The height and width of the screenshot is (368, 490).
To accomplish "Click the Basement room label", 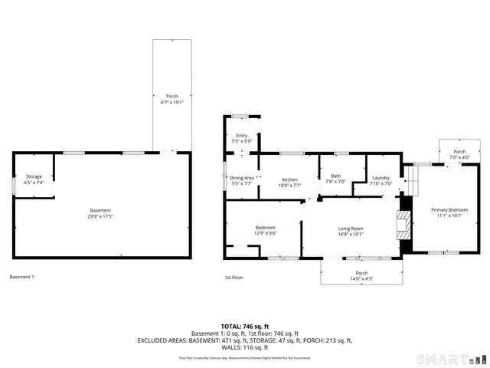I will [x=100, y=211].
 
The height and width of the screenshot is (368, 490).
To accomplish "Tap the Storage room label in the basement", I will [x=34, y=176].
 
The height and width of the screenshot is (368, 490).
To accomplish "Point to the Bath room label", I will [x=335, y=176].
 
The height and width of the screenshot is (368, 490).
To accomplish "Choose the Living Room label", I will [x=351, y=228].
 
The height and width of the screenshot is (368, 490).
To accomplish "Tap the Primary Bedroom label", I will [x=449, y=209].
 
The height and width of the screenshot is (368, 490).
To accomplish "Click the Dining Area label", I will [x=242, y=178].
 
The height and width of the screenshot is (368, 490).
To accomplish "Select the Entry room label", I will [x=242, y=135].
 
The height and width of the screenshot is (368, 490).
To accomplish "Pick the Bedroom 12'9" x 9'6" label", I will [x=265, y=228].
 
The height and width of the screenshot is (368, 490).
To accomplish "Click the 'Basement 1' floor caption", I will [x=22, y=276].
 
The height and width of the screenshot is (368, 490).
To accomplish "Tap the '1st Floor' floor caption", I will [x=234, y=276].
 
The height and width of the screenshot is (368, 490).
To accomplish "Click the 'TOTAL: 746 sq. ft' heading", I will [x=245, y=326].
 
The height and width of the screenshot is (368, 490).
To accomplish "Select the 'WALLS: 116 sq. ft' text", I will [x=245, y=347].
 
